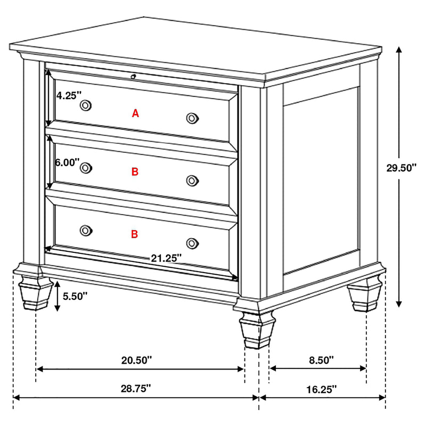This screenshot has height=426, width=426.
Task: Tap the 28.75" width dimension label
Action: pyautogui.click(x=136, y=389)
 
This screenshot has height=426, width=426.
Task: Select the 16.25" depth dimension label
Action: pyautogui.click(x=322, y=389)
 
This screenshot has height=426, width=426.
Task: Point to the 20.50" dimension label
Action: pyautogui.click(x=136, y=360)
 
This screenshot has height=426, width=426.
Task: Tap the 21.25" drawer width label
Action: pyautogui.click(x=166, y=258)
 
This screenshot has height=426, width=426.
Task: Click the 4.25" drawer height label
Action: pyautogui.click(x=69, y=96)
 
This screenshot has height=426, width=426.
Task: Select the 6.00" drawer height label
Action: pyautogui.click(x=68, y=162)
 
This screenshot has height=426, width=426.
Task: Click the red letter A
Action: pyautogui.click(x=135, y=113)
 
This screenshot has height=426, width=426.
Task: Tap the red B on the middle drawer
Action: pyautogui.click(x=135, y=171)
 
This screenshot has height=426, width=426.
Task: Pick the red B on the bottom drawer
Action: pyautogui.click(x=135, y=234)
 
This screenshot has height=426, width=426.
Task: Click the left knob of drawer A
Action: pyautogui.click(x=85, y=106)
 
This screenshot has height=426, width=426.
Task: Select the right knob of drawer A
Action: pyautogui.click(x=192, y=118)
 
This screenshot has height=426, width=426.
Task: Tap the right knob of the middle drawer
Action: pyautogui.click(x=192, y=181)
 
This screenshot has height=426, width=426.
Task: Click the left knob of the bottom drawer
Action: pyautogui.click(x=85, y=230)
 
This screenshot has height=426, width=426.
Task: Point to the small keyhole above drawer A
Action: pyautogui.click(x=133, y=77)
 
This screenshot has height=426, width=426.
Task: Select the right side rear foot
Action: pyautogui.click(x=365, y=297)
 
